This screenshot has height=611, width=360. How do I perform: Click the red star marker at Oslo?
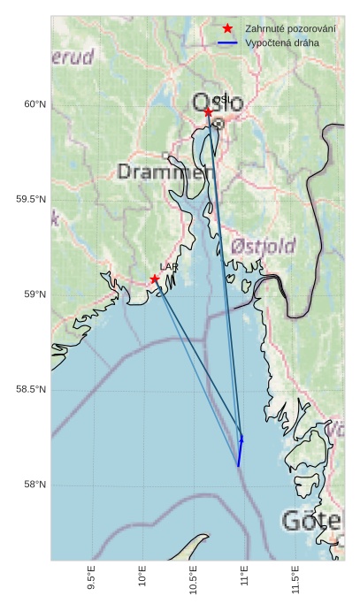click(x=208, y=111)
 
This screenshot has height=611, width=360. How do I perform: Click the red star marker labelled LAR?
click(x=155, y=279)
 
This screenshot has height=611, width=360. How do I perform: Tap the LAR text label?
click(x=167, y=265)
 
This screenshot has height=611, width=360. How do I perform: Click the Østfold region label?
click(x=263, y=246)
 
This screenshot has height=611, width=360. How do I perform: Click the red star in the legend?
click(x=227, y=28)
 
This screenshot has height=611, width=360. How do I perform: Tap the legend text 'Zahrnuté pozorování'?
click(x=290, y=28)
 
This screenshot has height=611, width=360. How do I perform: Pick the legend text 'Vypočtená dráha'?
click(x=282, y=42)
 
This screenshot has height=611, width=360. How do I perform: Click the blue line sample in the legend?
click(x=227, y=42)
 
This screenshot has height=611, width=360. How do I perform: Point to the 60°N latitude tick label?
click(x=34, y=104)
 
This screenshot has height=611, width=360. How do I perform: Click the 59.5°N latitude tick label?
click(x=31, y=199)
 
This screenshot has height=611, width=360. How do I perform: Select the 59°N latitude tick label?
click(x=34, y=294)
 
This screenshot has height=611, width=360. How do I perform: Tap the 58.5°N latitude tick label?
click(x=31, y=390)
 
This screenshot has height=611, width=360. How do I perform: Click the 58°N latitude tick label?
click(x=34, y=485)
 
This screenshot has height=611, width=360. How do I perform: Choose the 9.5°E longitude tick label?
click(x=92, y=577)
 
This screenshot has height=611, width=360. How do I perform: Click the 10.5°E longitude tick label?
click(x=194, y=577)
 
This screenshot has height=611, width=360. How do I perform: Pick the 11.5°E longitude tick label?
click(x=295, y=577)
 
